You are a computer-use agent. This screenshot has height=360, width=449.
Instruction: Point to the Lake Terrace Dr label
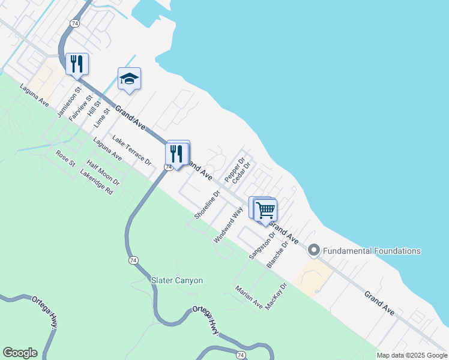click(131, 150)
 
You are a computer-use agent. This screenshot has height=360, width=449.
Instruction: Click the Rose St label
click(65, 158)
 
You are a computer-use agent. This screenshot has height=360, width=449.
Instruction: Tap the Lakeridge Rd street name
click(97, 182)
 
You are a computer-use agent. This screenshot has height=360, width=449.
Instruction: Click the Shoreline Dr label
click(208, 204)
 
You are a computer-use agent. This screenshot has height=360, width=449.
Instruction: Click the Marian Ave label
click(249, 297)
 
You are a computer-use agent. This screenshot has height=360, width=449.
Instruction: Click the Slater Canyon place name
click(177, 280)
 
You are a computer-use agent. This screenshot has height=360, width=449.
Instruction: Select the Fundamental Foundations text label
click(372, 251)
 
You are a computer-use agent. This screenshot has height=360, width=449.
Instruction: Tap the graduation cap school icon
click(129, 79)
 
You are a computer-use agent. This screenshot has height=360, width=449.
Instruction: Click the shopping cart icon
click(265, 210)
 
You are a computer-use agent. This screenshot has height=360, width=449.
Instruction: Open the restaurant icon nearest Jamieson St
click(77, 64)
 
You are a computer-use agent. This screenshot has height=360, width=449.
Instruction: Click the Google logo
click(20, 353)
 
